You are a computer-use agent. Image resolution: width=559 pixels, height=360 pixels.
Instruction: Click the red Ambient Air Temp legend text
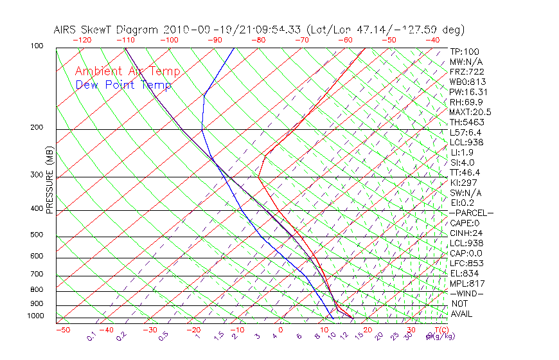(x=127, y=71)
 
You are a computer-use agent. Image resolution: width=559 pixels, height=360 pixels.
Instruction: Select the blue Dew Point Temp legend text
(x=123, y=85)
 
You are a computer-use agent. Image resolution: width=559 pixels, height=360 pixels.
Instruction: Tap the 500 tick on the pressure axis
(x=37, y=235)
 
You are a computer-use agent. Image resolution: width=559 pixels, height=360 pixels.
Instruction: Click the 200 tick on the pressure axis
(x=37, y=128)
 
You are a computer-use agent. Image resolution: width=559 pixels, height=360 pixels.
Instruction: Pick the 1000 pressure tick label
(x=35, y=316)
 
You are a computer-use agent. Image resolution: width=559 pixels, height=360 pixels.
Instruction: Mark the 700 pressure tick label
(x=37, y=274)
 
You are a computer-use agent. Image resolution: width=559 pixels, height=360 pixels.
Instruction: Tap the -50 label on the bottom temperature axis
(x=62, y=330)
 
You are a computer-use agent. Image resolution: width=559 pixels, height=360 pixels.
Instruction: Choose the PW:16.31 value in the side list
(x=470, y=91)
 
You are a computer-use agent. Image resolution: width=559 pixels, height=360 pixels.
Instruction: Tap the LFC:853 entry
(x=466, y=263)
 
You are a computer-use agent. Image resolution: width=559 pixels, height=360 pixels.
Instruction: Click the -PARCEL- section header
(x=471, y=213)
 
